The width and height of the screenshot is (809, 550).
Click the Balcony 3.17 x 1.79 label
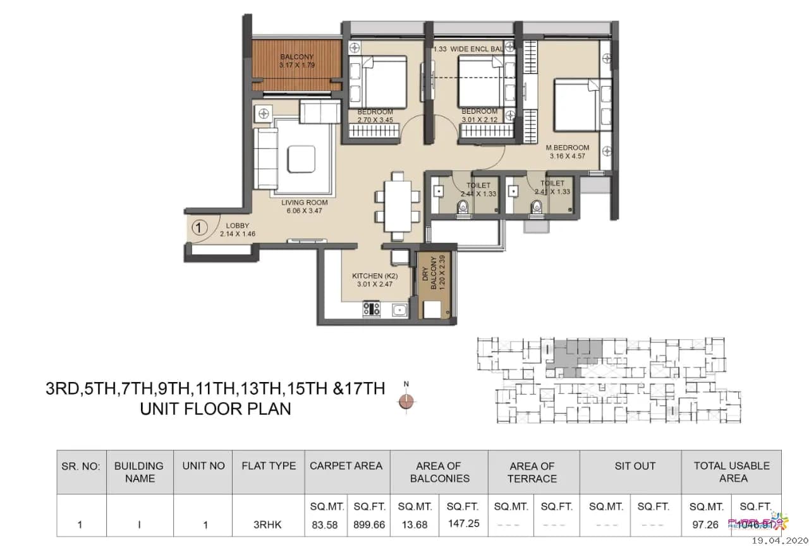[297, 61]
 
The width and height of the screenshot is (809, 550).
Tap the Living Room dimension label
[305, 206]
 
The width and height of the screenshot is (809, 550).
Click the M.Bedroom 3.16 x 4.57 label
[568, 152]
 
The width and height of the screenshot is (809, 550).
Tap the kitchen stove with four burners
[372, 309]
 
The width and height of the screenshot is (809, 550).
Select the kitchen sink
[399, 309]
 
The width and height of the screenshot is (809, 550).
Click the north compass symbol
[406, 400]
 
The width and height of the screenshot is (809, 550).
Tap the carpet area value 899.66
[368, 525]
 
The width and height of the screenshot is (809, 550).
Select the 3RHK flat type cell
[269, 525]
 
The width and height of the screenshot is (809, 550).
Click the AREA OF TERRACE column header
[532, 472]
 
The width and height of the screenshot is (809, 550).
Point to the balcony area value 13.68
[415, 525]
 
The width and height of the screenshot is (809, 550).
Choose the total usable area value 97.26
[705, 525]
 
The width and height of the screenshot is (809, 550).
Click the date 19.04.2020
[779, 541]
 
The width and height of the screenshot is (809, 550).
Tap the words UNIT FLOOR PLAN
[216, 409]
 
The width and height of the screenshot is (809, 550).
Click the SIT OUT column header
[635, 466]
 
